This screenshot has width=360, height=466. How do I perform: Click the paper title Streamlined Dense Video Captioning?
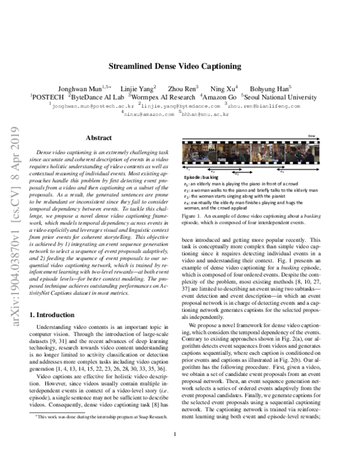pyautogui.click(x=180, y=68)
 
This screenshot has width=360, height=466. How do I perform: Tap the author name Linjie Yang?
pyautogui.click(x=142, y=88)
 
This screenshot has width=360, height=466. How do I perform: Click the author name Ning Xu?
pyautogui.click(x=226, y=88)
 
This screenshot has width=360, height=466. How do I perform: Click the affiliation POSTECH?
pyautogui.click(x=47, y=97)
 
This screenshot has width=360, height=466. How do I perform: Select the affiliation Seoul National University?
pyautogui.click(x=286, y=97)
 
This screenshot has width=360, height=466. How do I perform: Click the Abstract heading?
pyautogui.click(x=99, y=138)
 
